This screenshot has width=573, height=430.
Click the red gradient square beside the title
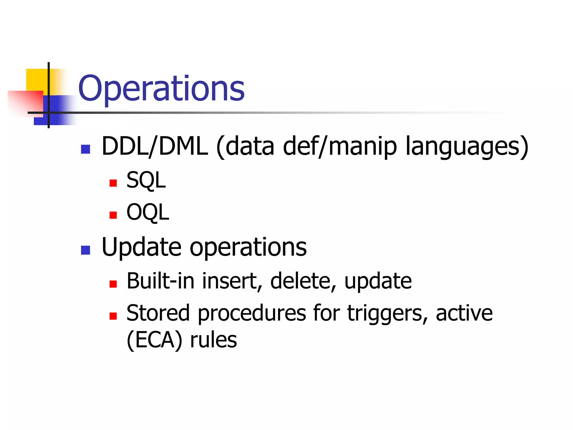click(x=27, y=102)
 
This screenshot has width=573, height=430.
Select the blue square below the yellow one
click(x=56, y=111)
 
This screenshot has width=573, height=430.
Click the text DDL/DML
click(x=155, y=146)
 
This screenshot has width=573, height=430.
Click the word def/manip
click(x=340, y=146)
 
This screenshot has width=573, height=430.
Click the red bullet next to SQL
click(x=113, y=183)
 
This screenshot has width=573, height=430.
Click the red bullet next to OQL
click(x=113, y=215)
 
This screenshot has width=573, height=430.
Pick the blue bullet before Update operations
click(x=85, y=250)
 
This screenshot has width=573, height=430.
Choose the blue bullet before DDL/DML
click(x=85, y=149)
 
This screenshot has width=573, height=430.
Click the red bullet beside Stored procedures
click(x=113, y=316)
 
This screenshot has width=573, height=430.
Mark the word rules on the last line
click(x=213, y=340)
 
